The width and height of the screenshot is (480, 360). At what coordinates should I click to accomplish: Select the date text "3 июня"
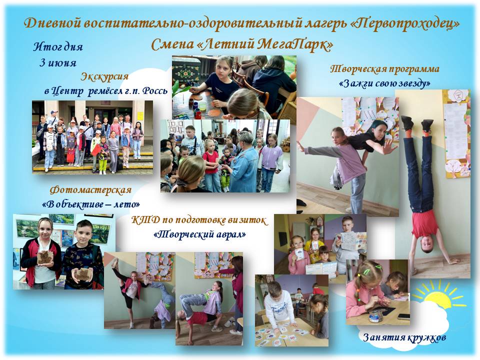58,63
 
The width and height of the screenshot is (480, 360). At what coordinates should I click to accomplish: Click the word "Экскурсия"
104,77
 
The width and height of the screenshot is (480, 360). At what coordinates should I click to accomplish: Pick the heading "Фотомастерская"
90,190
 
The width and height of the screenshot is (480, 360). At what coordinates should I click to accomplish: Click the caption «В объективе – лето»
91,204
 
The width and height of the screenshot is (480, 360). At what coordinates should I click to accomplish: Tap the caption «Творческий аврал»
199,234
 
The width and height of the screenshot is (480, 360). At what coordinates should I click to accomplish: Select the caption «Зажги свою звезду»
385,83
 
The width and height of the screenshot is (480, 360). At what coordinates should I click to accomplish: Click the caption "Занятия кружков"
404,337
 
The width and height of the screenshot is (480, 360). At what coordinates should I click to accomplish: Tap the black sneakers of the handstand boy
417,123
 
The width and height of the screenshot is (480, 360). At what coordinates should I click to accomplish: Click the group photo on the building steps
92,137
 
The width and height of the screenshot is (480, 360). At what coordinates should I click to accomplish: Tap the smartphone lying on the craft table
403,316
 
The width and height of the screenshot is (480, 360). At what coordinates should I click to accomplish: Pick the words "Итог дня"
58,46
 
